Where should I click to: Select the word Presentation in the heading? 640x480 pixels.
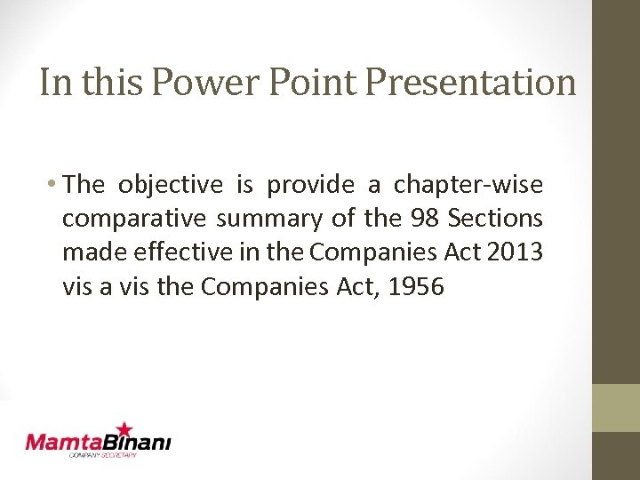click(471, 83)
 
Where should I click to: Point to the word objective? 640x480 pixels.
click(171, 185)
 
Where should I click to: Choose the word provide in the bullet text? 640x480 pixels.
click(308, 185)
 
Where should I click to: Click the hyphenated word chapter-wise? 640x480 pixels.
click(468, 185)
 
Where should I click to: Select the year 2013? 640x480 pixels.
click(516, 252)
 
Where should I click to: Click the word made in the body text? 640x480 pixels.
click(87, 252)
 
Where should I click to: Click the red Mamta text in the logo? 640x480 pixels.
click(64, 442)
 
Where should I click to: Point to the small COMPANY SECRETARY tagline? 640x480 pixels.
click(103, 455)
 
